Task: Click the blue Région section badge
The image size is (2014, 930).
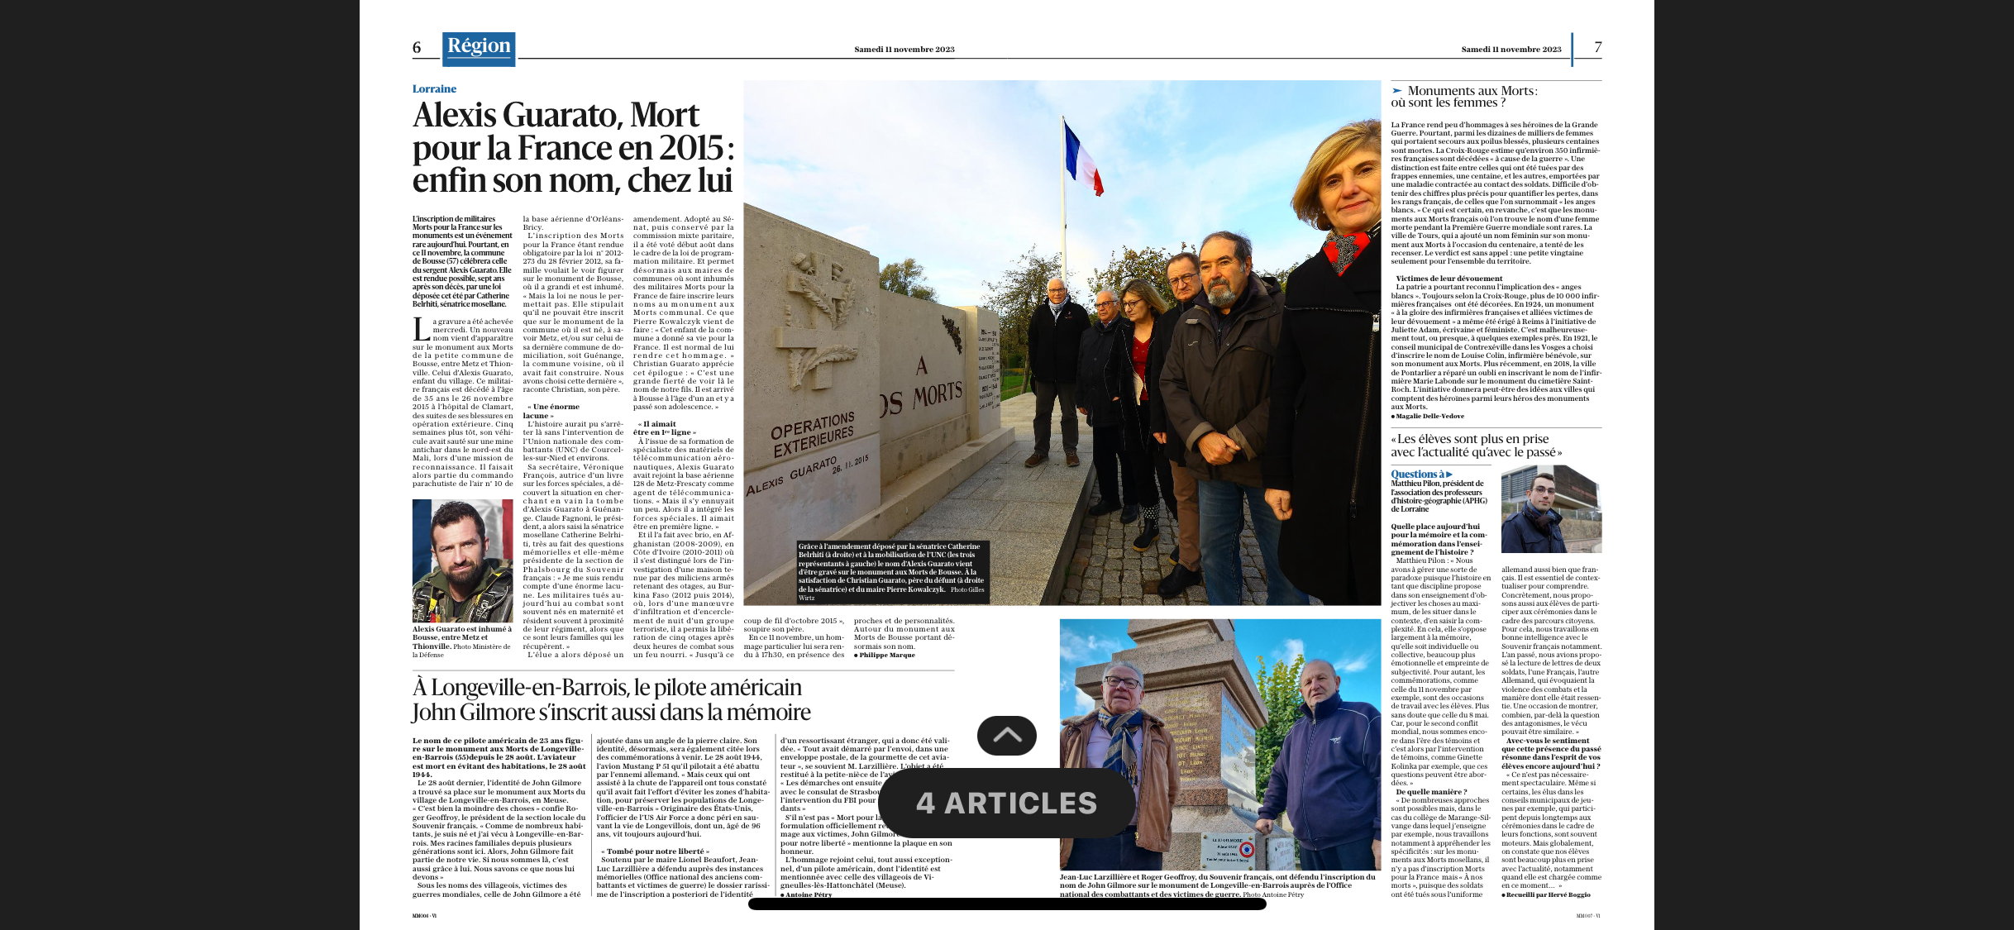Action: coord(479,48)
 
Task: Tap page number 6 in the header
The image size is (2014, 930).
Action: coord(417,48)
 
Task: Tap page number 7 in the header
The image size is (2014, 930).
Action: coord(1597,47)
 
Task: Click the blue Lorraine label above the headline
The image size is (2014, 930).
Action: coord(434,89)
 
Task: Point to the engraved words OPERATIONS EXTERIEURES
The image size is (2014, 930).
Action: coord(812,434)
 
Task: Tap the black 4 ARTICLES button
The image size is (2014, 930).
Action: coord(1006,803)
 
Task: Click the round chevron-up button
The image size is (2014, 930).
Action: coord(1006,736)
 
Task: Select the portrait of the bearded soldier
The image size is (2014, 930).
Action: coord(462,560)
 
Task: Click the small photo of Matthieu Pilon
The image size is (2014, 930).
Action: coord(1551,509)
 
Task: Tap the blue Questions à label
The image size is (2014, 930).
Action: coord(1420,475)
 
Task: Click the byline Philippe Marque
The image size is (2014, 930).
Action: coord(886,655)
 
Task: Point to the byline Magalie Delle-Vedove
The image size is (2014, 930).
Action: coord(1429,416)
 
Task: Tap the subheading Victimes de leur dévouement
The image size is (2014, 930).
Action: coord(1449,279)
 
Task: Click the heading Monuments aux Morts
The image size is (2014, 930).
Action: coord(1471,91)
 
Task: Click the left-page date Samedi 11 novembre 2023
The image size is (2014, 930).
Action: coord(904,50)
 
